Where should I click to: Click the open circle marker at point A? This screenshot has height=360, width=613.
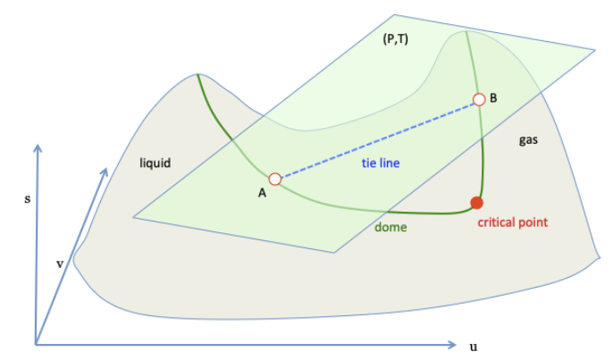(275, 179)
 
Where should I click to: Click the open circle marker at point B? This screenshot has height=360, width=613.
(479, 100)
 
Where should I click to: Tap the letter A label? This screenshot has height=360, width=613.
(262, 195)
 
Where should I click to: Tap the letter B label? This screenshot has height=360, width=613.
(494, 96)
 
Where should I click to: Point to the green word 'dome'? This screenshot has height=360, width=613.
(390, 228)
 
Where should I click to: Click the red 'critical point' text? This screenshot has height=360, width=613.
(512, 222)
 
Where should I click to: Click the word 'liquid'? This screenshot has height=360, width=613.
(155, 163)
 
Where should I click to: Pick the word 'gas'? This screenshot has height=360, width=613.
(528, 140)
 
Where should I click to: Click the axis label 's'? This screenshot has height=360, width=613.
(26, 200)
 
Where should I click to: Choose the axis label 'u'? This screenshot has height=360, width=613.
(473, 346)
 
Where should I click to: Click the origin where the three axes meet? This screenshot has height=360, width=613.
(36, 344)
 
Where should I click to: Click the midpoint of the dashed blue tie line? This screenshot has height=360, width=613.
(377, 139)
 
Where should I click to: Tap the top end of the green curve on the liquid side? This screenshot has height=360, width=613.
(197, 75)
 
